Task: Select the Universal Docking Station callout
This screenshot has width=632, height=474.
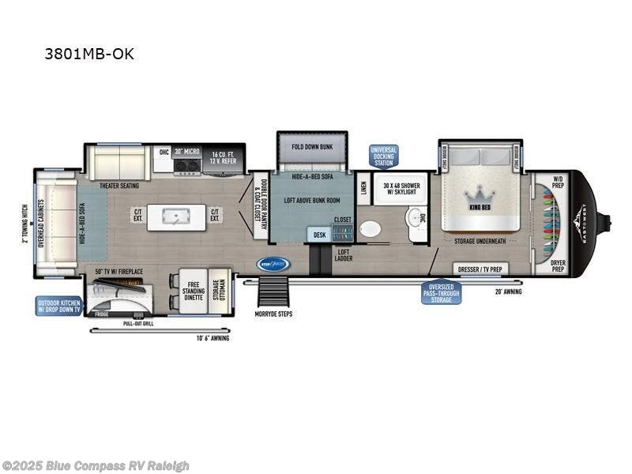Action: pyautogui.click(x=384, y=156)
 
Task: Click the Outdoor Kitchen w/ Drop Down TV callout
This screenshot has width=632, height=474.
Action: pyautogui.click(x=58, y=306)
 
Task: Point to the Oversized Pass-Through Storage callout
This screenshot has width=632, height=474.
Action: pyautogui.click(x=441, y=292)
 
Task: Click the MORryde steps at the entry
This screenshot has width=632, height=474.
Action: pyautogui.click(x=274, y=295)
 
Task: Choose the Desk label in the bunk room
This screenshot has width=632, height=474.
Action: pyautogui.click(x=320, y=235)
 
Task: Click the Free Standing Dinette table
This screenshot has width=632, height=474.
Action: pyautogui.click(x=192, y=292)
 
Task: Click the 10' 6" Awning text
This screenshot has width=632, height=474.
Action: pyautogui.click(x=213, y=338)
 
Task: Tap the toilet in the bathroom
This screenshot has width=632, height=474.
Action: pyautogui.click(x=369, y=229)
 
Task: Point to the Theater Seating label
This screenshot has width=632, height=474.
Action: pyautogui.click(x=119, y=186)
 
